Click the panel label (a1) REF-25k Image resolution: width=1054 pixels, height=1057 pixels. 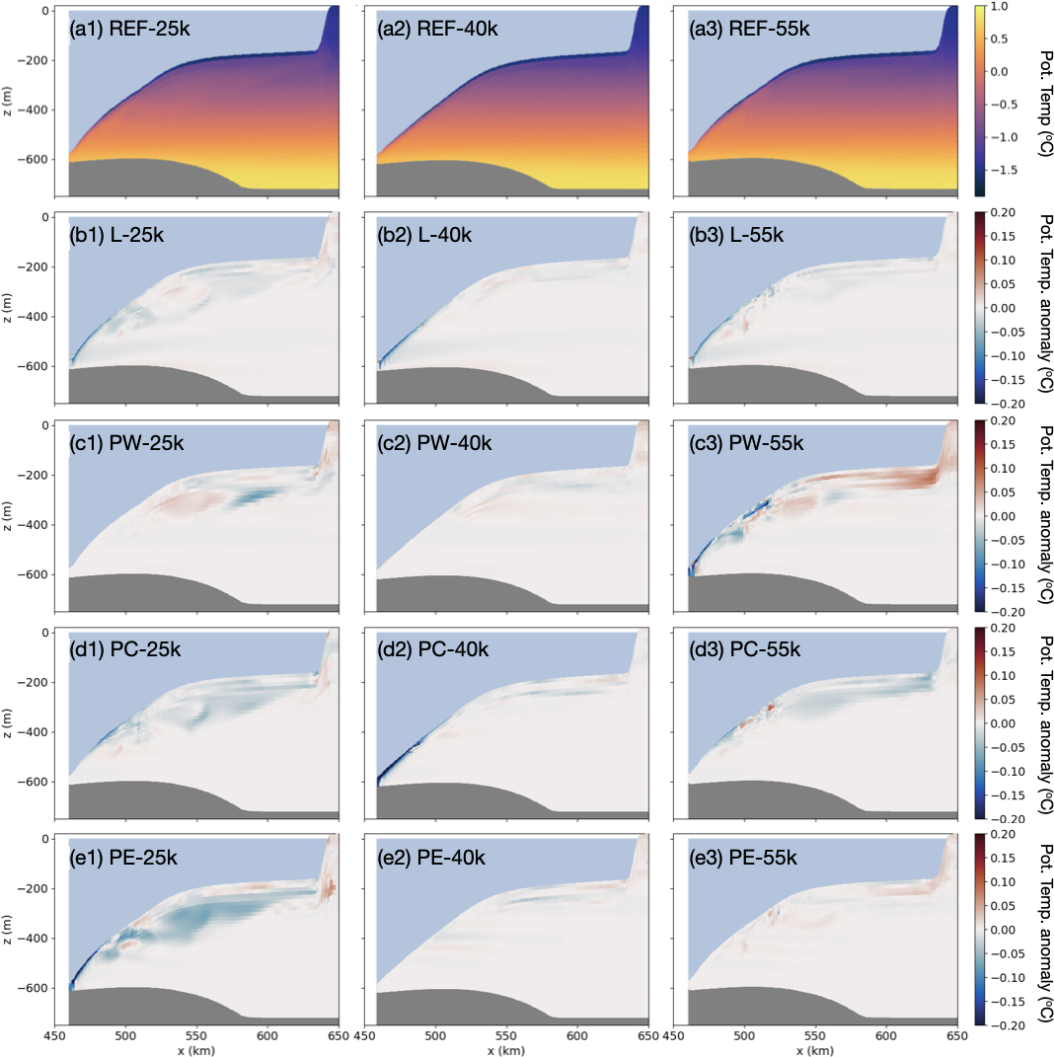pos(129,30)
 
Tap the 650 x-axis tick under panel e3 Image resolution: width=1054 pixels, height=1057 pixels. pos(956,1036)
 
